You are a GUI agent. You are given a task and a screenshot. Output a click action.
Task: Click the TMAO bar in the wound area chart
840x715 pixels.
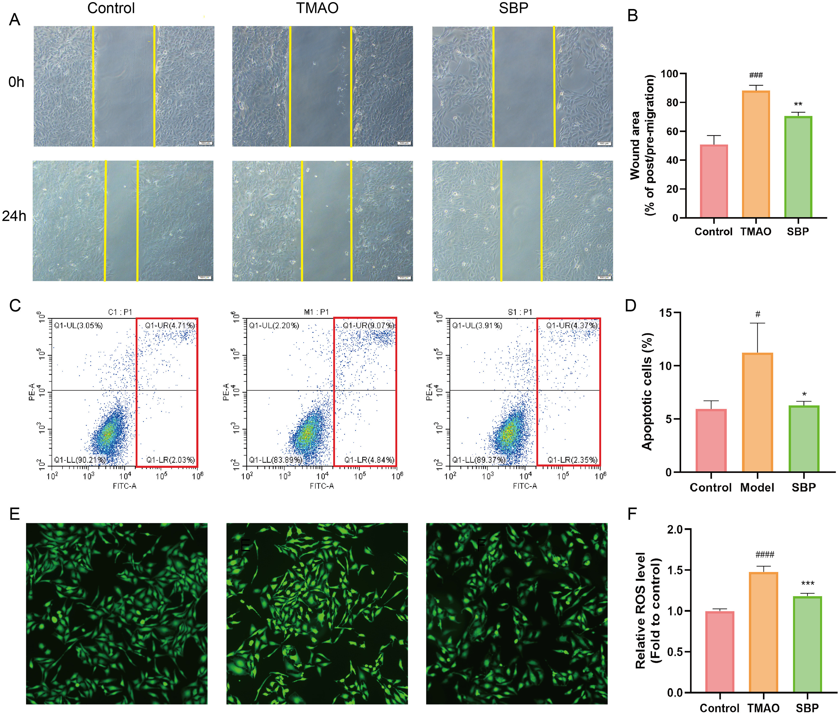(x=756, y=154)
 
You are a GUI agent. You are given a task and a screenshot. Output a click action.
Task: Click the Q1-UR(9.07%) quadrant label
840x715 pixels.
(x=368, y=325)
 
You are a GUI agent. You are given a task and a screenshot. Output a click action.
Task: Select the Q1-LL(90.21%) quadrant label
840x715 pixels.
(x=80, y=460)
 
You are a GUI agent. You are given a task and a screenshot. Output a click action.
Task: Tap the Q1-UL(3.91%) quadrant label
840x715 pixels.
(x=477, y=325)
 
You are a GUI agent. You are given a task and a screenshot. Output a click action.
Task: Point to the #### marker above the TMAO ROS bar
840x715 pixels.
(x=765, y=554)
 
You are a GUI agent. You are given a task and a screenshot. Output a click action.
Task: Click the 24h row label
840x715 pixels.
(x=14, y=216)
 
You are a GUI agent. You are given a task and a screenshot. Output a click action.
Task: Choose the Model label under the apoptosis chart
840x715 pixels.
(x=757, y=487)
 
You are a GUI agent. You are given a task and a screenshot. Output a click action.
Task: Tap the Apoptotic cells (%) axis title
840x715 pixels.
(x=647, y=391)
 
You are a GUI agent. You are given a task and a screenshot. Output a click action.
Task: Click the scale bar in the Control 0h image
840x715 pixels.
(x=206, y=143)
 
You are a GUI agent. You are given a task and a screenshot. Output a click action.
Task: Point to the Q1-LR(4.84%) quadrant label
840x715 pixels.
(x=369, y=460)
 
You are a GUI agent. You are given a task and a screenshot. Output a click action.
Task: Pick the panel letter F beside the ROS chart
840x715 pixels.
(x=632, y=514)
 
